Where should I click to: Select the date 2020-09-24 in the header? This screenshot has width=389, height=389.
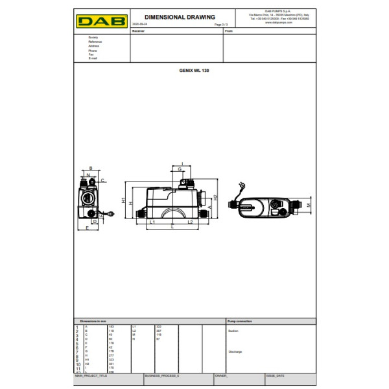pyautogui.click(x=139, y=25)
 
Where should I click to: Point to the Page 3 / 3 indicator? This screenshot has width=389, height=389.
pyautogui.click(x=220, y=25)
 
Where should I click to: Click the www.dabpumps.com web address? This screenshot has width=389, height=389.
pyautogui.click(x=278, y=23)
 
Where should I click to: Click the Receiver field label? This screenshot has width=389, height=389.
pyautogui.click(x=138, y=30)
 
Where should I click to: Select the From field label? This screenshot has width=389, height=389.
pyautogui.click(x=228, y=30)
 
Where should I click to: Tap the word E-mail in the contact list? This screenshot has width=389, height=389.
pyautogui.click(x=92, y=58)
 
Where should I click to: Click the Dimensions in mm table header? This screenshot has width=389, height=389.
pyautogui.click(x=93, y=321)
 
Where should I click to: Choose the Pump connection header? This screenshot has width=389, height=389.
pyautogui.click(x=240, y=321)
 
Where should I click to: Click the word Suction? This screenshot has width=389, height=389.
pyautogui.click(x=233, y=331)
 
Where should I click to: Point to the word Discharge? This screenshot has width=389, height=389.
pyautogui.click(x=235, y=351)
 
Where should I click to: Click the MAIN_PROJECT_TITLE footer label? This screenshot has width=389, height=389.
pyautogui.click(x=91, y=375)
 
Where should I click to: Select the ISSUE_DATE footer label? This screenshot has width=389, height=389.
pyautogui.click(x=275, y=375)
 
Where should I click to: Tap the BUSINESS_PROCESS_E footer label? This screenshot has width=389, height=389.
pyautogui.click(x=161, y=375)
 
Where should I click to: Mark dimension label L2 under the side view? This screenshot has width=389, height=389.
pyautogui.click(x=190, y=222)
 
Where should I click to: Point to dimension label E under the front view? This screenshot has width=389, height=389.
pyautogui.click(x=87, y=228)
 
